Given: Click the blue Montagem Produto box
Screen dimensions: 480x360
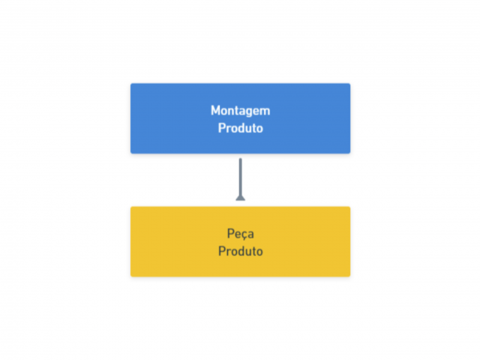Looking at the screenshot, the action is [x=240, y=118].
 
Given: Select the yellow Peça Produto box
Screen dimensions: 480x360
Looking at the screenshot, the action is [x=240, y=242].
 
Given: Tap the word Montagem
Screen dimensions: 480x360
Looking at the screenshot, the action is [x=240, y=111].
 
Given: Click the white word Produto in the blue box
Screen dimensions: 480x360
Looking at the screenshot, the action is [x=240, y=128].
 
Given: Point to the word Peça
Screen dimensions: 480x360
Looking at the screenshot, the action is [x=240, y=234].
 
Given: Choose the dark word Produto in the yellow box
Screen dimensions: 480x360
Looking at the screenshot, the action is [x=240, y=251].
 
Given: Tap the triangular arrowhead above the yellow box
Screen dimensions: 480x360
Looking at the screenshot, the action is [x=240, y=198].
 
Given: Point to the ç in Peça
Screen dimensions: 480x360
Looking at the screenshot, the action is [x=242, y=236].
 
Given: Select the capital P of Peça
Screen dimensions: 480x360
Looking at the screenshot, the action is [x=230, y=234].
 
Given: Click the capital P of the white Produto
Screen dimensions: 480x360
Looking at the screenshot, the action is [x=222, y=128].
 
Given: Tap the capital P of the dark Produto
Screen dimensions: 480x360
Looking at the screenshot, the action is [x=222, y=251].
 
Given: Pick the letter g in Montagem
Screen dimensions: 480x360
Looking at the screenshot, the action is [x=250, y=113].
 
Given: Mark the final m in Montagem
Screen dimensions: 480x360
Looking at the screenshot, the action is [x=266, y=112].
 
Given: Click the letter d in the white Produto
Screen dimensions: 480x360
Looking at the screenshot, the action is [x=240, y=128].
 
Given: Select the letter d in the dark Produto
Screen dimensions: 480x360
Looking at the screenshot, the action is [x=240, y=251].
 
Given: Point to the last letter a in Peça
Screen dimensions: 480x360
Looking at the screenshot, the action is [x=250, y=234].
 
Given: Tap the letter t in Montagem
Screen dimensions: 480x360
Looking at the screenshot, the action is [x=238, y=111].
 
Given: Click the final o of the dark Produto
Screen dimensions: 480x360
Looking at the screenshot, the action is [x=259, y=252].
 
